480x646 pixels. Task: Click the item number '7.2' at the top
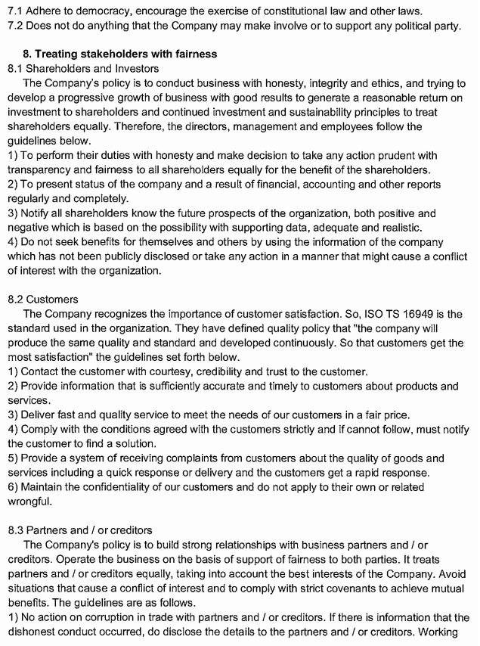(15, 26)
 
